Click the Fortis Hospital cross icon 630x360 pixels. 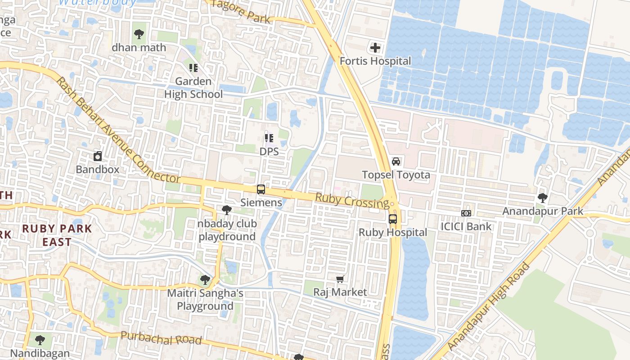pos(375,47)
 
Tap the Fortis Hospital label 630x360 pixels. pos(375,61)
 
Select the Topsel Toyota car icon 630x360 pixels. pos(396,162)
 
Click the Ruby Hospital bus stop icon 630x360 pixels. pos(393,219)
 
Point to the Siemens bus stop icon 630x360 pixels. pos(261,189)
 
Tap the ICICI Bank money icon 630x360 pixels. pos(466,213)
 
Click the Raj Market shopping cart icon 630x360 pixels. pos(340,279)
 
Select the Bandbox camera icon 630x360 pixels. pos(98,156)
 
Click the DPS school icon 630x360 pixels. pos(269,138)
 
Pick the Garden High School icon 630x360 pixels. pos(193,68)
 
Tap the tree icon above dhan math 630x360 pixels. pos(139,34)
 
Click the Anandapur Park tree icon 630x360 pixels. pos(543,198)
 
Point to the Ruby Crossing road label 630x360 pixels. pos(352,200)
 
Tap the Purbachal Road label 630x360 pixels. pos(161,338)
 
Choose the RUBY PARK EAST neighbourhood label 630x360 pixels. pos(57,235)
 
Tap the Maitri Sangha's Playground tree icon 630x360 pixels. pos(205,280)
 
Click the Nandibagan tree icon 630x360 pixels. pos(40,340)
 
